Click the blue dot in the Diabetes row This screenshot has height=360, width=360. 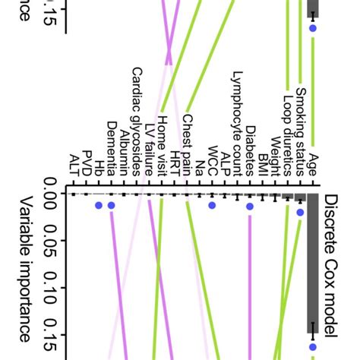(x=250, y=205)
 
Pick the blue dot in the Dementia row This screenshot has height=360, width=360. (x=111, y=205)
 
